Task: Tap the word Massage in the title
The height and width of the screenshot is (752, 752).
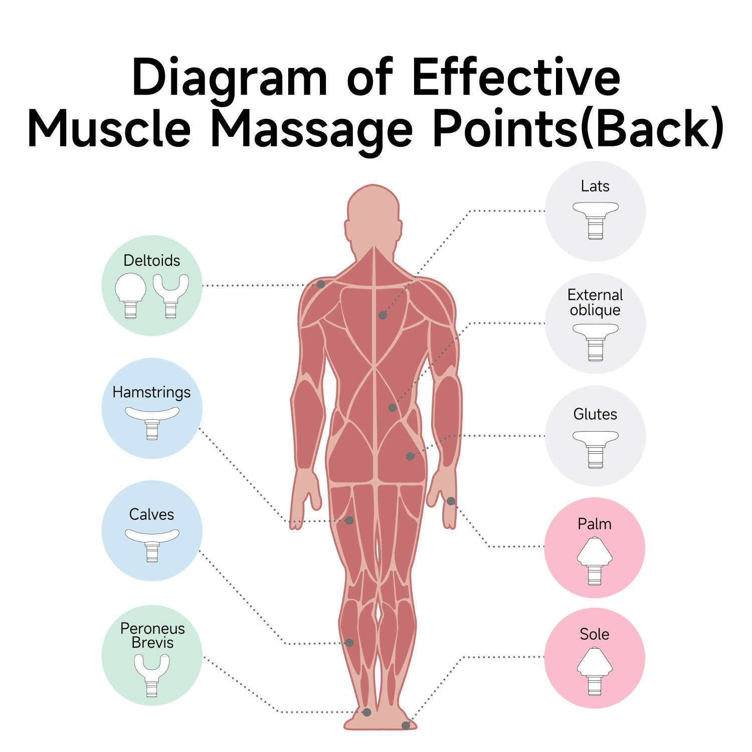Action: [x=311, y=129]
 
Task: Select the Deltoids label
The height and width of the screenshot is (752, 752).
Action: [x=151, y=261]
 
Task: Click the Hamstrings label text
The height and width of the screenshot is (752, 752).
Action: [x=151, y=392]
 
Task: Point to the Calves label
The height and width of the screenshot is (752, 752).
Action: [x=151, y=514]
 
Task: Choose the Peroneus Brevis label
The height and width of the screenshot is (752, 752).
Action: [x=152, y=635]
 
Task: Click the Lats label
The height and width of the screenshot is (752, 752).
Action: [x=595, y=186]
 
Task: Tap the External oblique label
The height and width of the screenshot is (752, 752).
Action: [x=595, y=302]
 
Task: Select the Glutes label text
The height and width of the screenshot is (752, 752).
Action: [x=595, y=414]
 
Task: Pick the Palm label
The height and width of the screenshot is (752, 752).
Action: [x=595, y=524]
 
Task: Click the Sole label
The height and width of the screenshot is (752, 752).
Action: [x=595, y=634]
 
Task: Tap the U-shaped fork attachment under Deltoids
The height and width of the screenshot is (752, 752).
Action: [x=171, y=295]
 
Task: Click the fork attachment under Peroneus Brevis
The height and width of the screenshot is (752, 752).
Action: [x=152, y=674]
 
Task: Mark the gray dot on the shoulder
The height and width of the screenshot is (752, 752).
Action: [x=321, y=284]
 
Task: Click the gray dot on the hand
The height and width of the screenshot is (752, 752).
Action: [x=451, y=501]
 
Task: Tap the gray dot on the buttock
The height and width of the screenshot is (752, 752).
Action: [x=410, y=456]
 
